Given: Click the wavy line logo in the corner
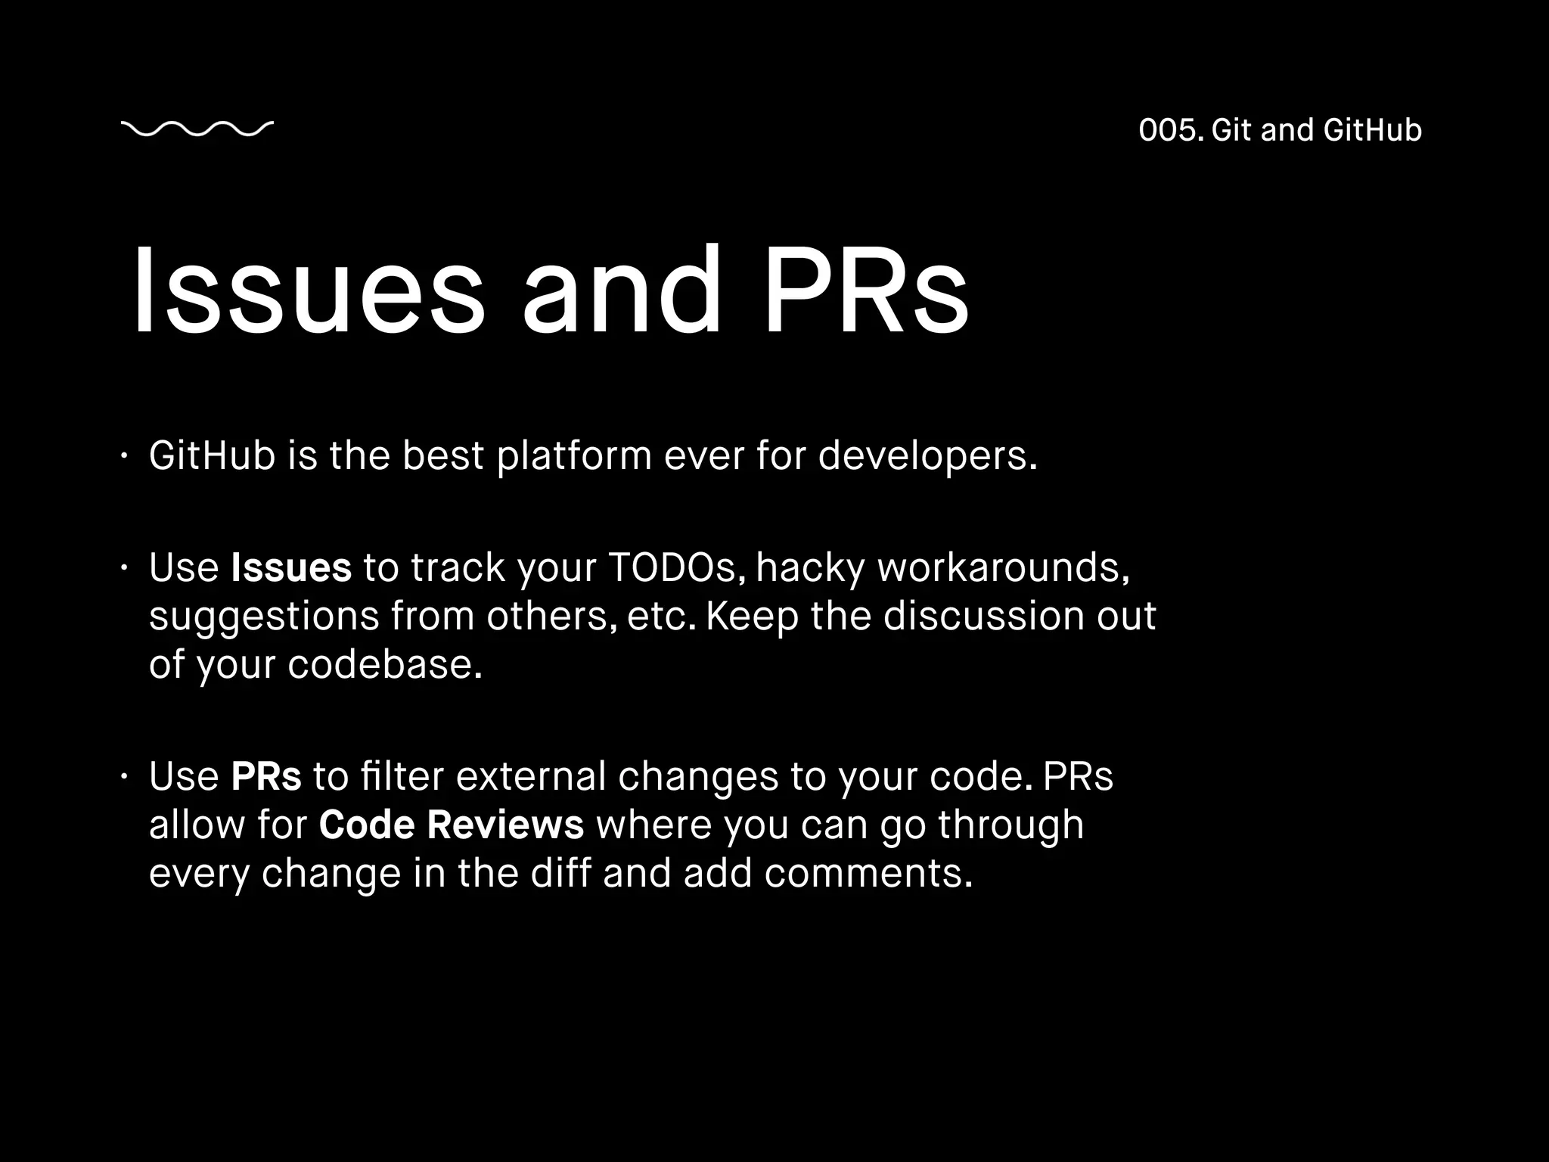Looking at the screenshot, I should tap(197, 129).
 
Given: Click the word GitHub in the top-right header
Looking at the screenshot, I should tap(1373, 130).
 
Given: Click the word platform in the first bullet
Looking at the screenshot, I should tap(574, 455).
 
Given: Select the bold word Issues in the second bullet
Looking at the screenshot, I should tap(291, 567).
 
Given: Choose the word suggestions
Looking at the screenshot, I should tap(264, 616).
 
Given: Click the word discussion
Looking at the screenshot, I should tap(984, 616).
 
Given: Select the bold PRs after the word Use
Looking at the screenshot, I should tap(266, 776).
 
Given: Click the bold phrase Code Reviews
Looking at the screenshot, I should tap(451, 825).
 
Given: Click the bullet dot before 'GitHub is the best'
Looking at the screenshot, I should tap(124, 456).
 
